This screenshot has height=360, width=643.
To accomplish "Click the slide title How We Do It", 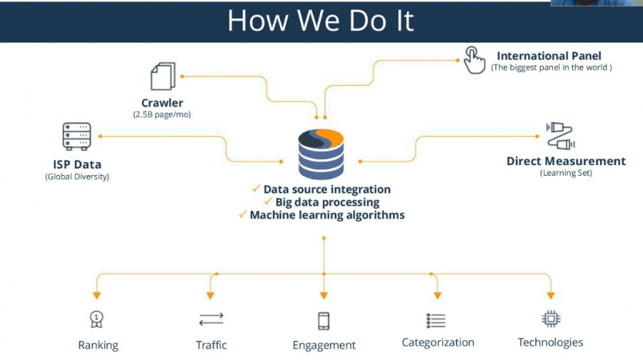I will [321, 20].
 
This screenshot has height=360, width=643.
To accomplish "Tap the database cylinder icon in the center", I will [321, 153].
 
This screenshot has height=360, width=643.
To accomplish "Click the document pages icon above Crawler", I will [162, 76].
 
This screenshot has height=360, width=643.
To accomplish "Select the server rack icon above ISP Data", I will [76, 136].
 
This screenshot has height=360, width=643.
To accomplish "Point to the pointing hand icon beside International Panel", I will [474, 60].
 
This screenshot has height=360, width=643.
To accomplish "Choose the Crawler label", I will [162, 103].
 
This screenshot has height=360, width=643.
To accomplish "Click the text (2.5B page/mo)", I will [162, 114].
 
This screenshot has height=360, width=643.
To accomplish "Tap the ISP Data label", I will [77, 165].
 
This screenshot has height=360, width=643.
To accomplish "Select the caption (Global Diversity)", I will [77, 176].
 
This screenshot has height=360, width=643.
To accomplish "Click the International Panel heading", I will [549, 56].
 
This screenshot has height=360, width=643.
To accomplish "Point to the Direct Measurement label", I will [566, 161].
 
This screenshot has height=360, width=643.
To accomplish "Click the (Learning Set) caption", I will [566, 173].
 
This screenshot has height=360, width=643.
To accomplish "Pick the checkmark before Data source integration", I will [256, 189].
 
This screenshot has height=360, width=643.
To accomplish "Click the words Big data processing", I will [327, 202].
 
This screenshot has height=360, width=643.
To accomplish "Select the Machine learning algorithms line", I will [327, 215].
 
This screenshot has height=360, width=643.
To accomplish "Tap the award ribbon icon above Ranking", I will [96, 319].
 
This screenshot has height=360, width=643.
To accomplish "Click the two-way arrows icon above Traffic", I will [211, 319].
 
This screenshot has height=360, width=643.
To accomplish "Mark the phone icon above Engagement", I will [324, 320].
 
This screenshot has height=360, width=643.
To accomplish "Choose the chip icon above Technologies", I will [550, 319].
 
